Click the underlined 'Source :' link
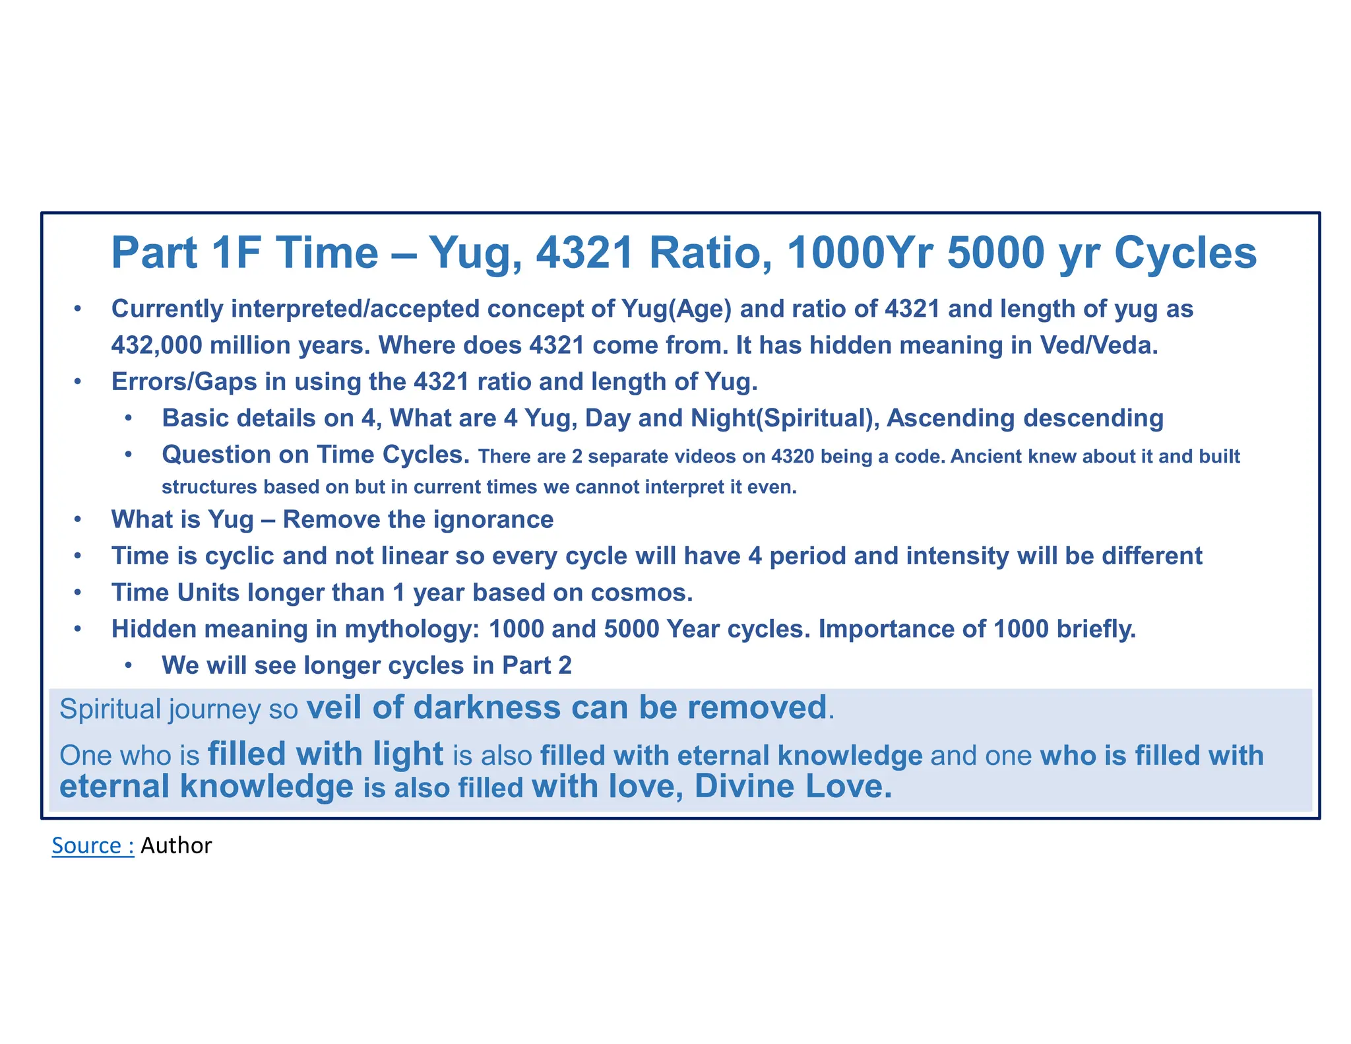point(92,845)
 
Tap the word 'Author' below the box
point(176,845)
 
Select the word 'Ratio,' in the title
point(710,253)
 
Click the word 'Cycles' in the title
point(1185,253)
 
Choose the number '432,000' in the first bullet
point(156,345)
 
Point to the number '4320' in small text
point(792,457)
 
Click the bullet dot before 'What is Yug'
point(78,520)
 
